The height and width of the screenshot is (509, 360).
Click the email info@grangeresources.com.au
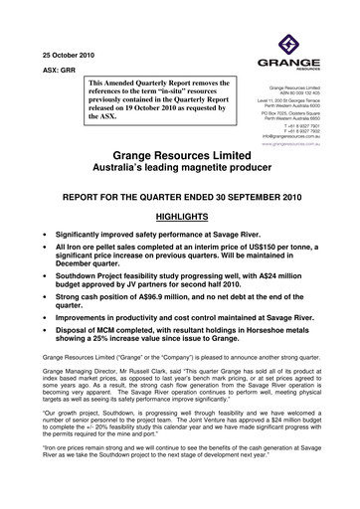point(306,132)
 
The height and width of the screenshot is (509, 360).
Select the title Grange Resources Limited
point(180,157)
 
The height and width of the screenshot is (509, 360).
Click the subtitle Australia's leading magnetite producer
point(180,171)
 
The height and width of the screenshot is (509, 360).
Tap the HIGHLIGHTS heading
point(180,218)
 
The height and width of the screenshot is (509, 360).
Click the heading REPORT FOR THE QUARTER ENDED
point(180,198)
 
